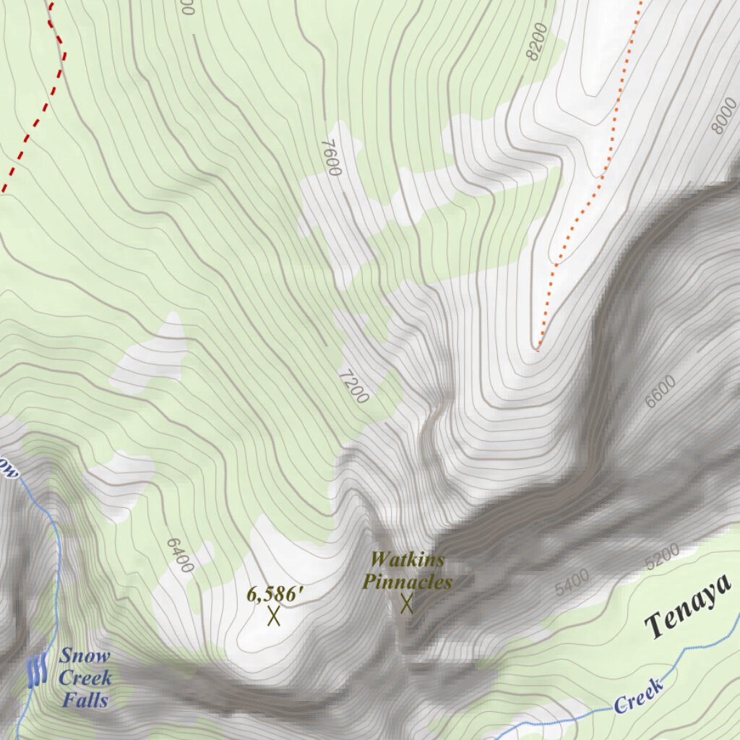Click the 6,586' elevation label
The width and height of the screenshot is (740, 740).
click(275, 595)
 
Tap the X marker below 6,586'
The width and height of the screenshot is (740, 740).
click(274, 616)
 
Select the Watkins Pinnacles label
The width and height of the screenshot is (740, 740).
click(407, 571)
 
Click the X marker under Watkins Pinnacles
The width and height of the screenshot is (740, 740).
click(407, 603)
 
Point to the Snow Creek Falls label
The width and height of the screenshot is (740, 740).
click(85, 678)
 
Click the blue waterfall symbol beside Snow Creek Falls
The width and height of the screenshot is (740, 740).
click(37, 671)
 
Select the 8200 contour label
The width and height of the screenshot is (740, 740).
click(538, 41)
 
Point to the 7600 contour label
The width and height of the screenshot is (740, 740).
click(330, 157)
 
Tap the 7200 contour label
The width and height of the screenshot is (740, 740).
click(354, 386)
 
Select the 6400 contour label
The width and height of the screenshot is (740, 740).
click(180, 555)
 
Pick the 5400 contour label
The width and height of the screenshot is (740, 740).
click(572, 582)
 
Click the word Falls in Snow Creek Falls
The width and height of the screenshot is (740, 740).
click(85, 700)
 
